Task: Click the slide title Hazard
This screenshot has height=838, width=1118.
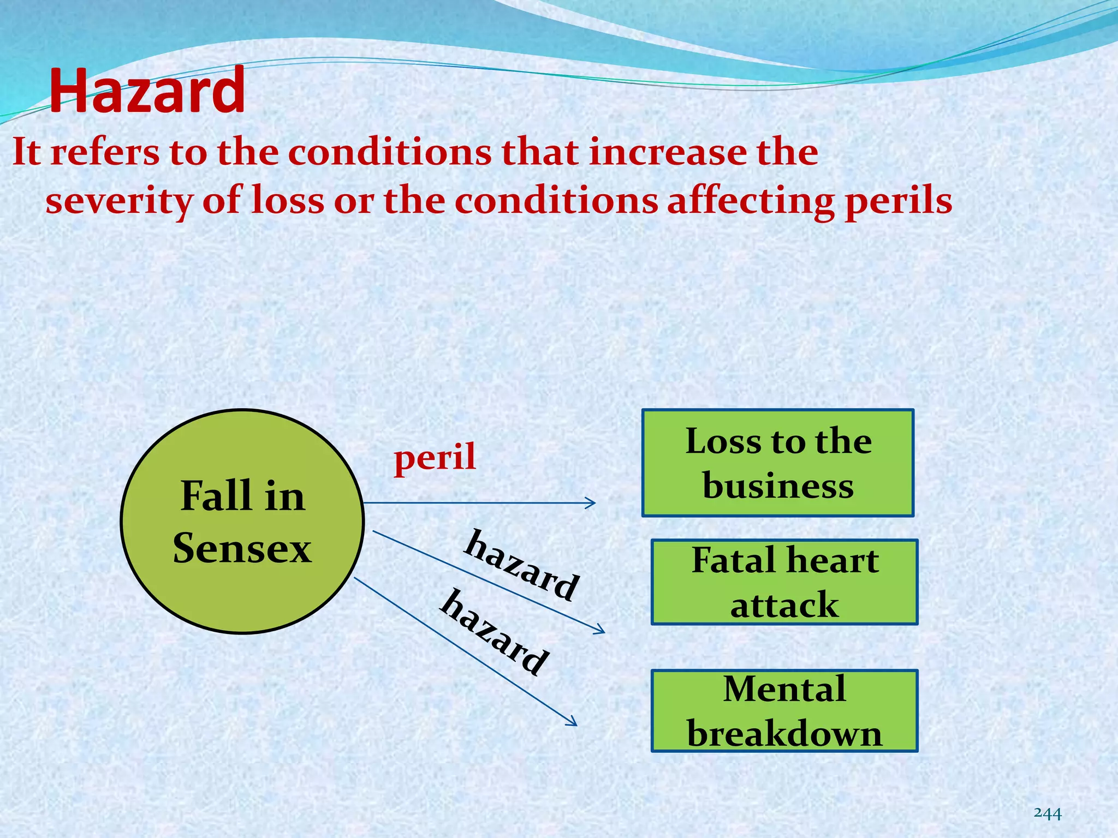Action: [x=147, y=91]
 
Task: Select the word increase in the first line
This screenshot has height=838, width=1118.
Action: [x=667, y=152]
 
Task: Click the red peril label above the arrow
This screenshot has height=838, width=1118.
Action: [x=435, y=457]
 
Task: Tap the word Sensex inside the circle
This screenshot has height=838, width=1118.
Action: [x=242, y=548]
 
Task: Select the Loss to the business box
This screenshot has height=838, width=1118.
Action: [x=778, y=463]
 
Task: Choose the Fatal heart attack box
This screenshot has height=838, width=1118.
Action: [x=784, y=582]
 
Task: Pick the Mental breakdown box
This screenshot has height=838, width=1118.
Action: [x=784, y=711]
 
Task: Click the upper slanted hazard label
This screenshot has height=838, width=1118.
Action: [x=521, y=565]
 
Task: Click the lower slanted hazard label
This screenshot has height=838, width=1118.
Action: [x=495, y=633]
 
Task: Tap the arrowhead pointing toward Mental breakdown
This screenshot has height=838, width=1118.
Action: [x=573, y=723]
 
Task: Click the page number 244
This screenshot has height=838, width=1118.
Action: [x=1048, y=813]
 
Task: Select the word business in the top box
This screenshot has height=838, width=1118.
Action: [x=778, y=486]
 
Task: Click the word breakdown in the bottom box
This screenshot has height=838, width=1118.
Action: [x=784, y=733]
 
